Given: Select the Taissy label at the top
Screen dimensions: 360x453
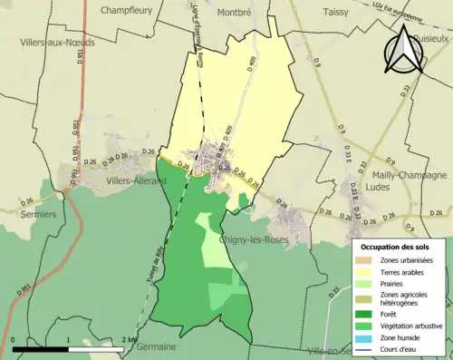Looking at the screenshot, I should (339, 13).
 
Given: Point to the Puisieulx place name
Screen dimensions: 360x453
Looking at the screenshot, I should (429, 40).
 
